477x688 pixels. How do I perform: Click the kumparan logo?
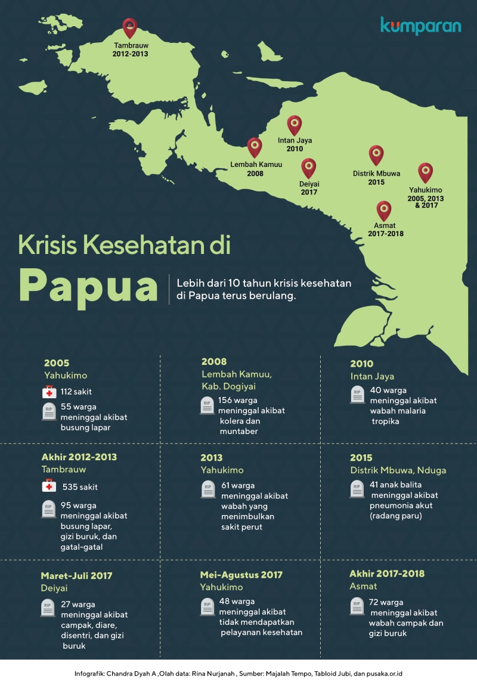point(420,26)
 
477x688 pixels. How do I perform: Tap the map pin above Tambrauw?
point(129,27)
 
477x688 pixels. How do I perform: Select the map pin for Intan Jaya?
point(295,125)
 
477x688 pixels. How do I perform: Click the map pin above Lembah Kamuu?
point(255,147)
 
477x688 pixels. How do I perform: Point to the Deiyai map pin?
point(308,168)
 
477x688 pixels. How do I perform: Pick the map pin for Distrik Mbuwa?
point(376,154)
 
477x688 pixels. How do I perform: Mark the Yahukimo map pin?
point(425,172)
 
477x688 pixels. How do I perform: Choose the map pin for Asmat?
point(385,210)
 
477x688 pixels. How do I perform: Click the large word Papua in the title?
point(88,285)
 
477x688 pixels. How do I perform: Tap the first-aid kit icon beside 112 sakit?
point(49,392)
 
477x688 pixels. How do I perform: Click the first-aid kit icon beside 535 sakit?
point(49,486)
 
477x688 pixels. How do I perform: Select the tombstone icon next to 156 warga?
point(207,405)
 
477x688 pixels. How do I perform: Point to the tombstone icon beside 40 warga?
point(357,395)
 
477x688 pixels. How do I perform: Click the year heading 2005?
point(57,362)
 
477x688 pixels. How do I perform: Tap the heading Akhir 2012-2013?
point(79,457)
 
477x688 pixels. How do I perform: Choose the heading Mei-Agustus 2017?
point(241,575)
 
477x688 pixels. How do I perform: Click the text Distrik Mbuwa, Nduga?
point(398,470)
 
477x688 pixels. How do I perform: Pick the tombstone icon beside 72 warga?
point(357,606)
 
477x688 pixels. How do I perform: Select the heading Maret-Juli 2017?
point(76,576)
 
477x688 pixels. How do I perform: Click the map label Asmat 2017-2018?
point(386,230)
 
